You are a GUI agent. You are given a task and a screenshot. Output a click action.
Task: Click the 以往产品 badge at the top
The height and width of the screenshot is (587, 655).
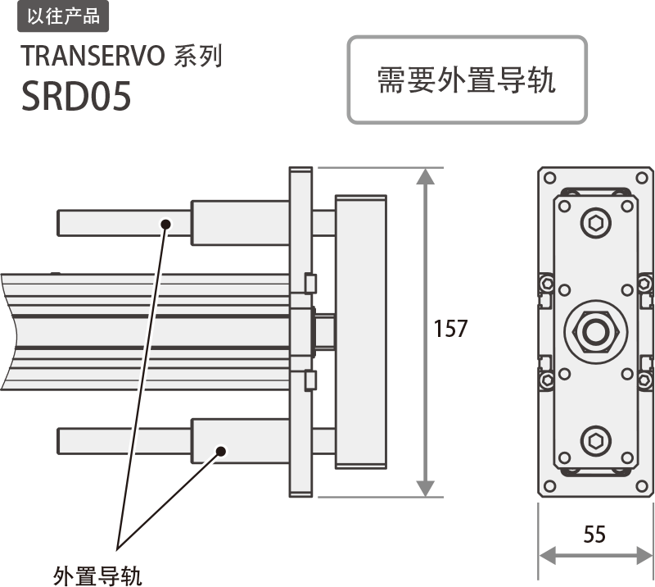click(62, 15)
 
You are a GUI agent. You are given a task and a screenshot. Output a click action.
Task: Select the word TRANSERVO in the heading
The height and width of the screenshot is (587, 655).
click(93, 56)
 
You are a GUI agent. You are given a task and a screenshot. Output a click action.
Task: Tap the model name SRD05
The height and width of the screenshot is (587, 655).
click(76, 98)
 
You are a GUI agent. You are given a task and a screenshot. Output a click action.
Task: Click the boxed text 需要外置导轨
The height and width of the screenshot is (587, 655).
click(467, 80)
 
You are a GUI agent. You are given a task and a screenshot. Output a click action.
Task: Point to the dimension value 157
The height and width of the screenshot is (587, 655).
click(450, 330)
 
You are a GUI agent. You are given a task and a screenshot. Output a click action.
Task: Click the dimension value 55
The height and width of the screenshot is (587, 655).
click(595, 535)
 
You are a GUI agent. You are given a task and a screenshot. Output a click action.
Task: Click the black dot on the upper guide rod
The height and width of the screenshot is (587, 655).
click(165, 223)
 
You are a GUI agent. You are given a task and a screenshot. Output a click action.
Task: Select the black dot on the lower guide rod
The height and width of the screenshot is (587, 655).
click(220, 450)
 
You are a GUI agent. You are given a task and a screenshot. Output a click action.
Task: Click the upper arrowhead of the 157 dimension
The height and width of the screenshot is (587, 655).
click(426, 177)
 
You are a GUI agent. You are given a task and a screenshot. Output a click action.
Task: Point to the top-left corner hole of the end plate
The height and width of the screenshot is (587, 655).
click(549, 176)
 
